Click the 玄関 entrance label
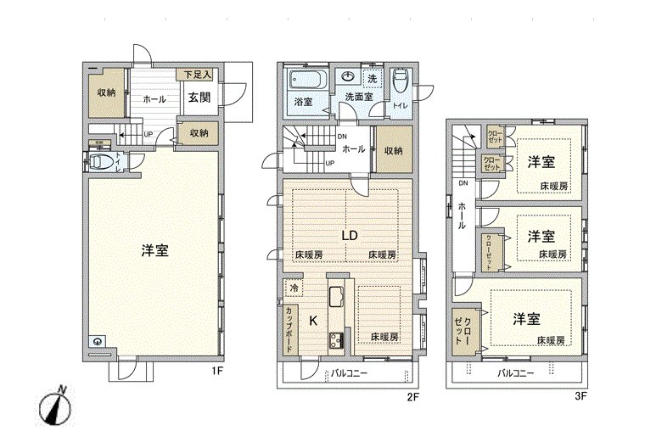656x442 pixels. (x=199, y=98)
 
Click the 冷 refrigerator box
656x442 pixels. (x=291, y=288)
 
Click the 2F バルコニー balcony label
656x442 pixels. (x=349, y=373)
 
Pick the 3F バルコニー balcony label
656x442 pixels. (x=515, y=373)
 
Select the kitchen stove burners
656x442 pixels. (x=334, y=341)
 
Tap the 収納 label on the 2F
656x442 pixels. (x=393, y=151)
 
